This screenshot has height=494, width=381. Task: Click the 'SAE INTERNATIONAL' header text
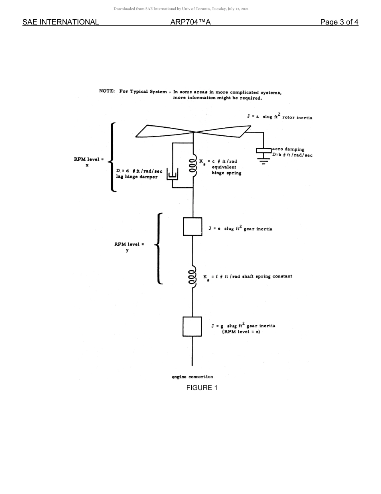(x=61, y=22)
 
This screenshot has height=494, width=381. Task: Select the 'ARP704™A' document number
(x=190, y=22)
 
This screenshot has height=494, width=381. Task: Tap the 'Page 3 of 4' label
(x=339, y=22)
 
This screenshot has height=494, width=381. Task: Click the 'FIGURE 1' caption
(x=202, y=388)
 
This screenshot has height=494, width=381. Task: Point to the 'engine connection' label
(x=192, y=377)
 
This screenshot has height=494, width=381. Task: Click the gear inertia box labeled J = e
(x=193, y=227)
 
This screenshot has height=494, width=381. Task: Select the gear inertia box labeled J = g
(x=192, y=327)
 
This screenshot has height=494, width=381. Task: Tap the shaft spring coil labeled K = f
(x=192, y=277)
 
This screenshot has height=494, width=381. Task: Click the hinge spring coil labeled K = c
(x=193, y=166)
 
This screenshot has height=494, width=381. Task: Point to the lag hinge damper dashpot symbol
(x=172, y=176)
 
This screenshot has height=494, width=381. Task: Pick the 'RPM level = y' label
(x=129, y=247)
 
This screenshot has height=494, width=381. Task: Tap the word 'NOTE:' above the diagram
(x=107, y=91)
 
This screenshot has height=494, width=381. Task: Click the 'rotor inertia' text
(x=297, y=118)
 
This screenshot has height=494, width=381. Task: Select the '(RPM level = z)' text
(x=241, y=332)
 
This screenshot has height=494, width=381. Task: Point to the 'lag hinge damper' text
(x=137, y=177)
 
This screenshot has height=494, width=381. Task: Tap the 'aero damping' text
(x=288, y=149)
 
